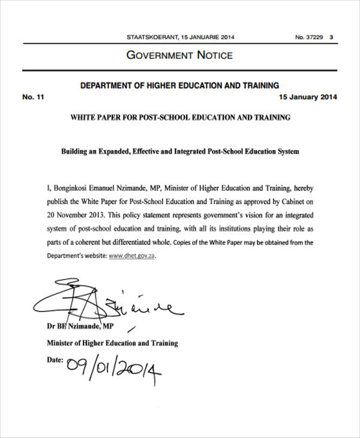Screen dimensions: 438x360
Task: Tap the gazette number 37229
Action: pyautogui.click(x=314, y=37)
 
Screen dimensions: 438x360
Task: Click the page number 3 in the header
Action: pyautogui.click(x=332, y=37)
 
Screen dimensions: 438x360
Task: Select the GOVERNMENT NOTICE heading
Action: pyautogui.click(x=179, y=56)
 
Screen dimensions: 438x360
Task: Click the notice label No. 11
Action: pyautogui.click(x=33, y=97)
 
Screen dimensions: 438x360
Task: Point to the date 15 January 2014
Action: pyautogui.click(x=308, y=97)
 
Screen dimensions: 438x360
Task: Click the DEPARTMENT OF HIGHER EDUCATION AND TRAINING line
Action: pyautogui.click(x=179, y=86)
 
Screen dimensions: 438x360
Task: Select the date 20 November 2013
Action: pyautogui.click(x=74, y=215)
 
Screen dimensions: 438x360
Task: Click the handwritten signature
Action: pyautogui.click(x=102, y=303)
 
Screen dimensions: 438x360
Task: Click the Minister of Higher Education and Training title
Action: pyautogui.click(x=112, y=343)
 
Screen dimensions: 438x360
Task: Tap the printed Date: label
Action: pyautogui.click(x=55, y=360)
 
